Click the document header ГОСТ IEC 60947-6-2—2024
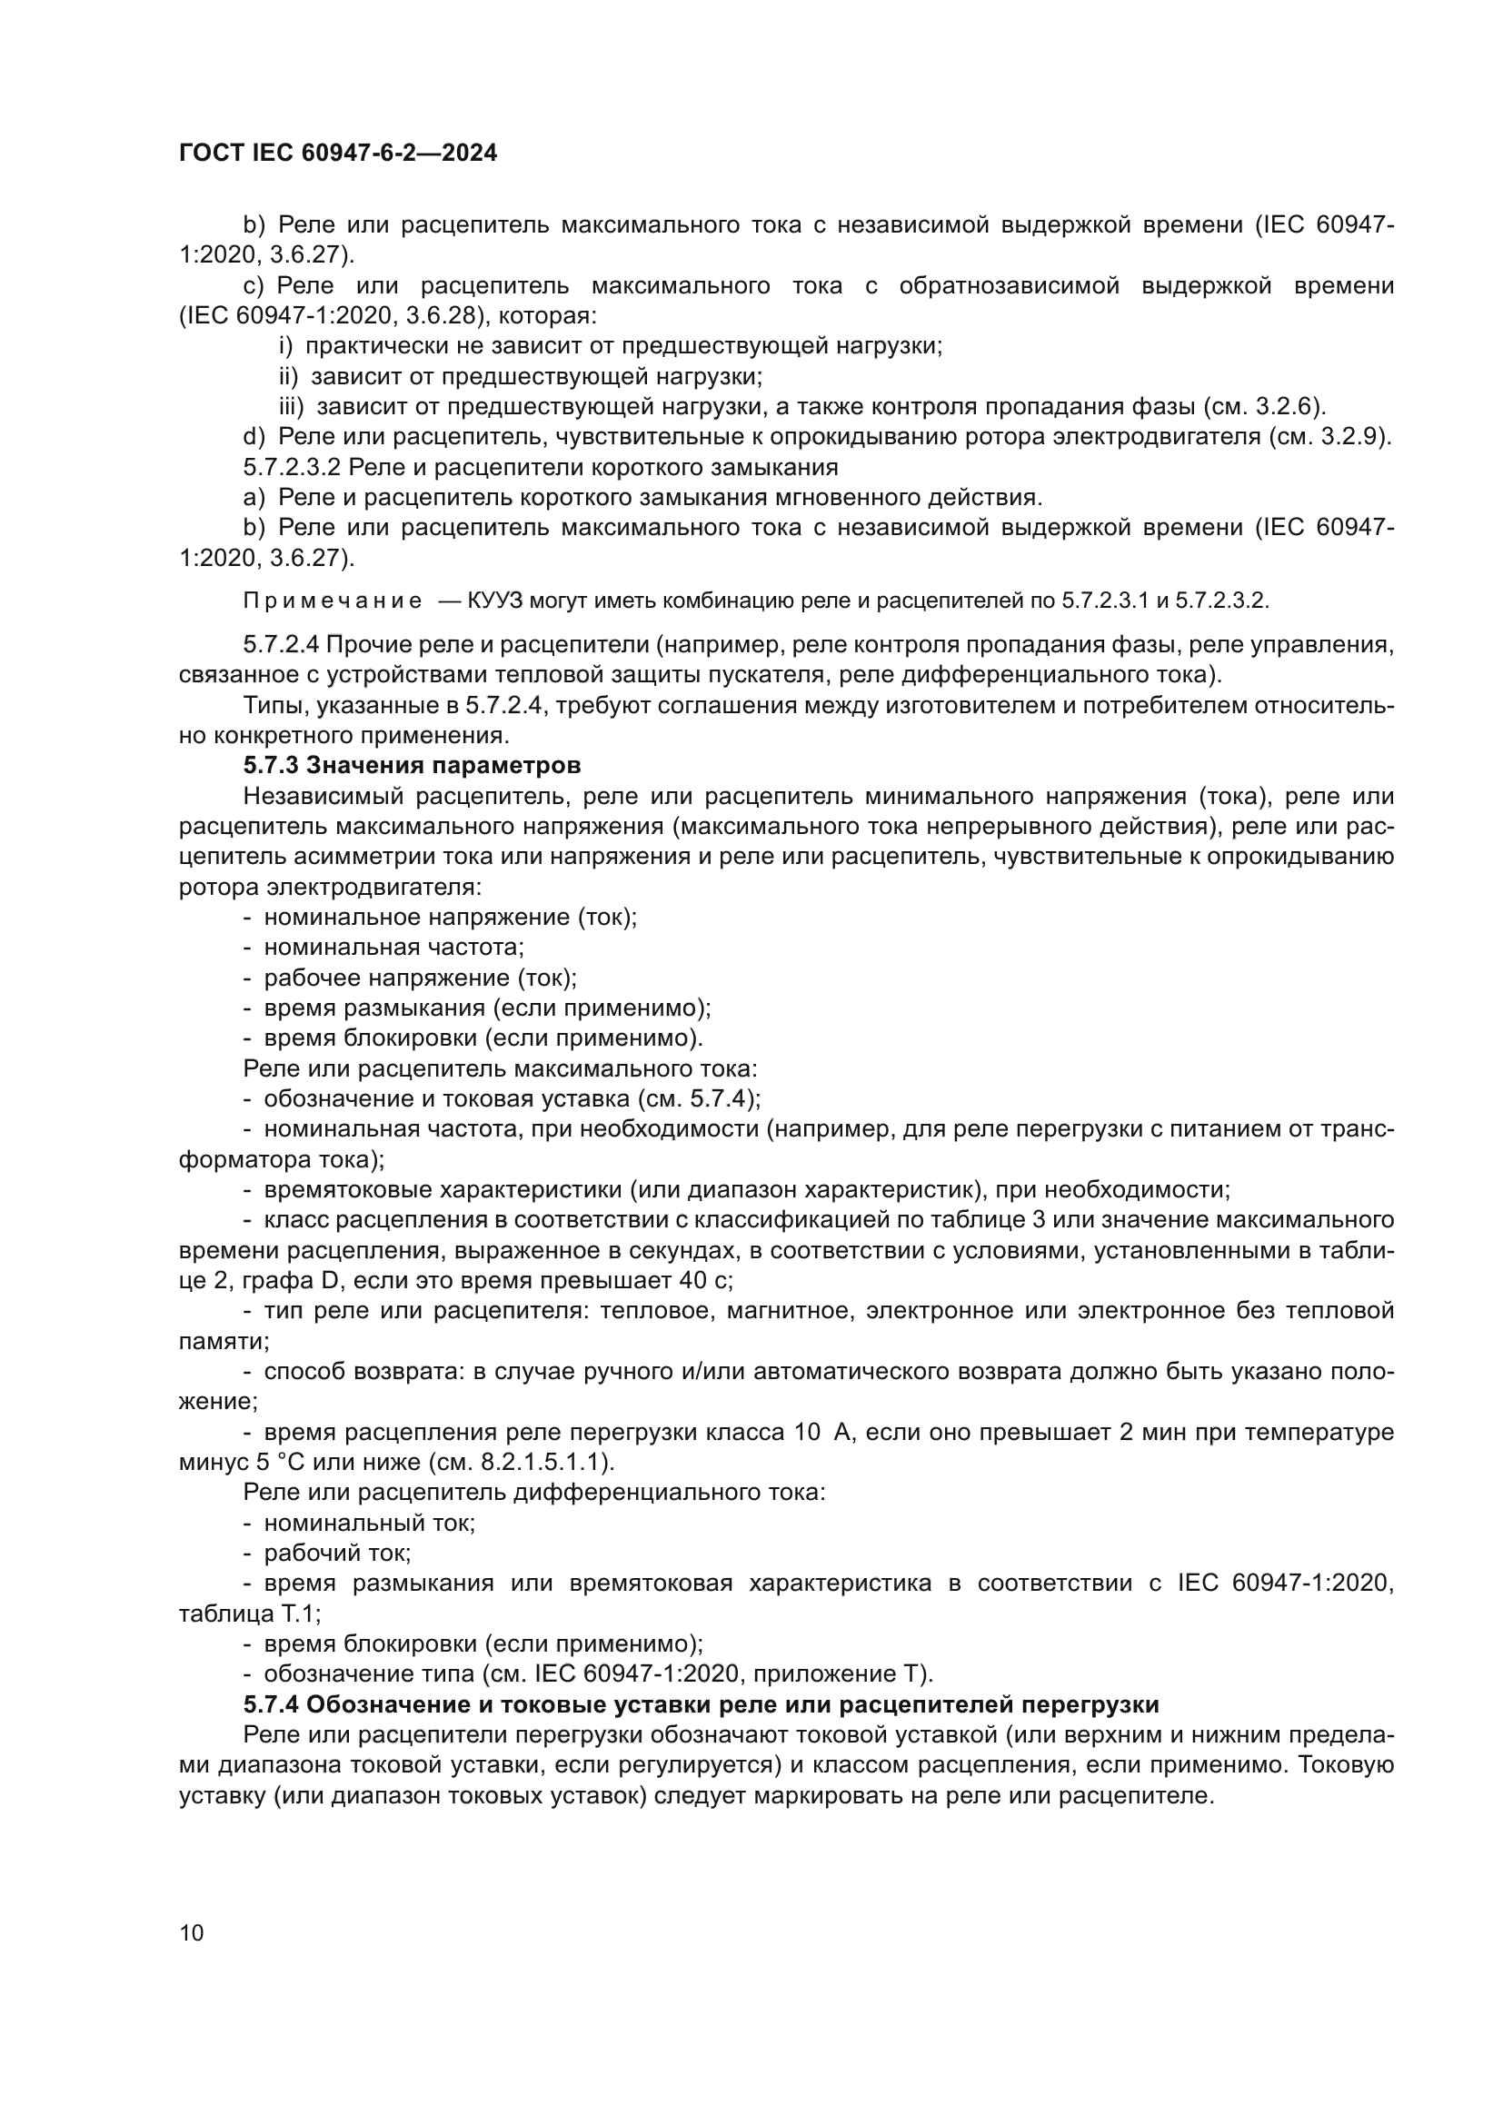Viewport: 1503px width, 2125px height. [338, 153]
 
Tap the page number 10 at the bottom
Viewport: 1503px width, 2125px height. [192, 1932]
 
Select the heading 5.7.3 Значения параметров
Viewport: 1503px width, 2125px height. [412, 765]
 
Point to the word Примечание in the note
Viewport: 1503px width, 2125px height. [333, 601]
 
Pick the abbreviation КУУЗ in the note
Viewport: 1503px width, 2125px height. [496, 601]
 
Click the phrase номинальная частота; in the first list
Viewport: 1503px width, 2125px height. [393, 948]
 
